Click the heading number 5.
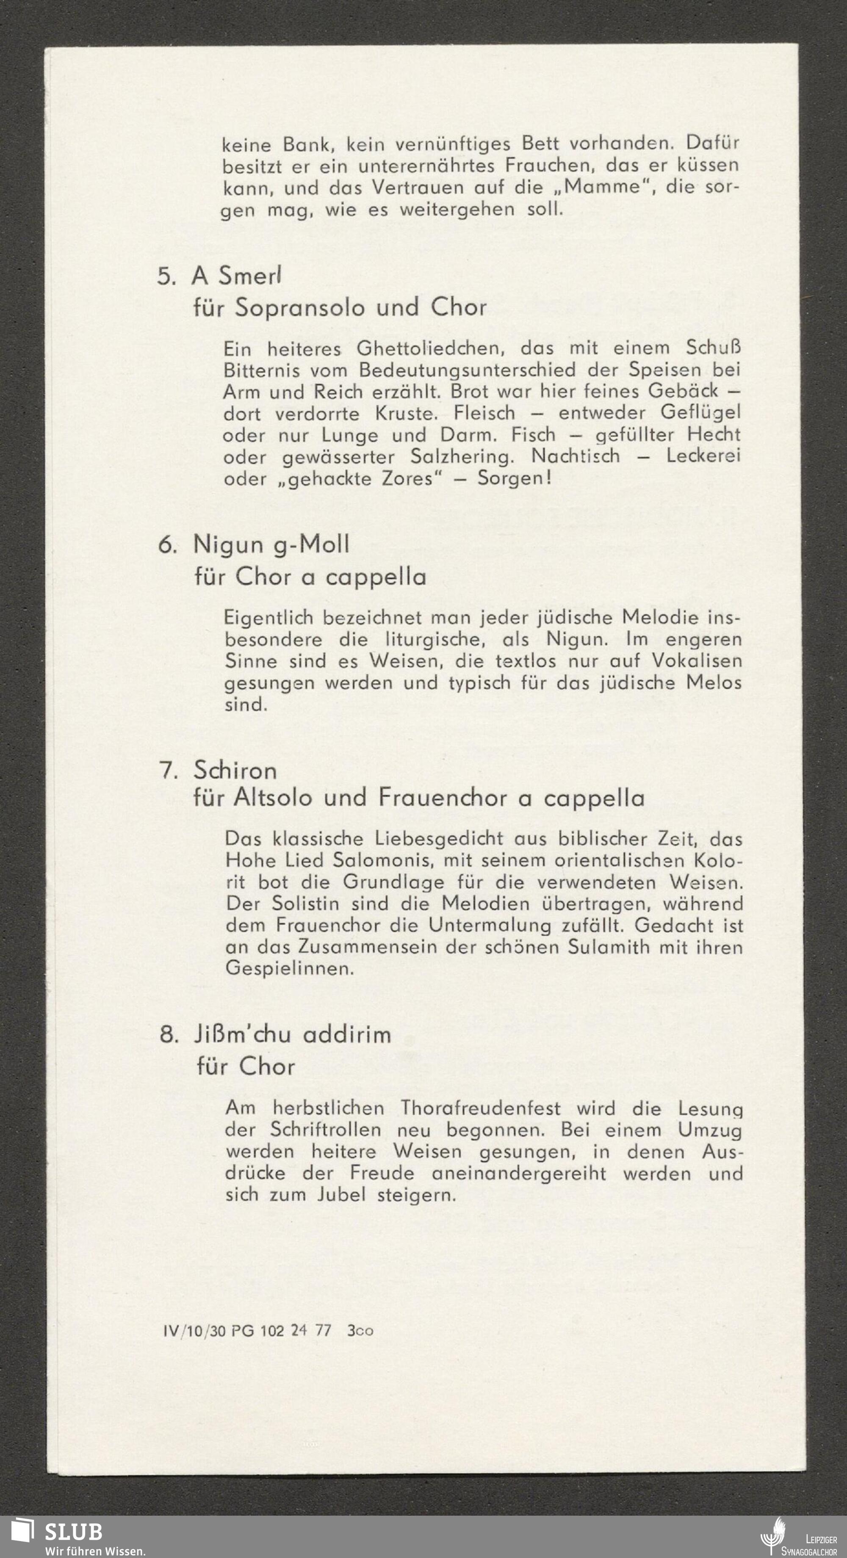166,276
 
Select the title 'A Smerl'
237,276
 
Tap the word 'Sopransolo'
300,307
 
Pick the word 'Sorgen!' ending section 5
514,478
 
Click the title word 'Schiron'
235,770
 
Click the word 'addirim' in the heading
347,1034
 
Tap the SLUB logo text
73,1531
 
